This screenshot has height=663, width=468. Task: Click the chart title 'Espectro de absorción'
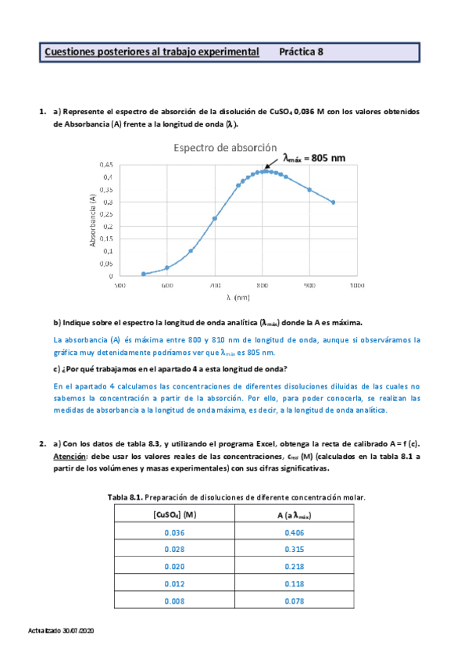[x=225, y=147]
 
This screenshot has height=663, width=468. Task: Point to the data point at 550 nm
[x=144, y=274]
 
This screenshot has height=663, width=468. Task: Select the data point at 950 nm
[x=334, y=202]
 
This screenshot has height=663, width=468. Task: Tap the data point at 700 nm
[x=215, y=218]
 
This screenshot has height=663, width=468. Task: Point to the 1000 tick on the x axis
[x=357, y=285]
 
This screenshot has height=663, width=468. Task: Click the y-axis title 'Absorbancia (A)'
[x=93, y=221]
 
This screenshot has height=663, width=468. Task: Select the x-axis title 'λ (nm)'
[x=238, y=297]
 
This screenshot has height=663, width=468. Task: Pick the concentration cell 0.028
[x=175, y=550]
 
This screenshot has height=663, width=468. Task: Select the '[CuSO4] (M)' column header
[x=175, y=514]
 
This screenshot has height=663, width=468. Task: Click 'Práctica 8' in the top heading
[x=302, y=52]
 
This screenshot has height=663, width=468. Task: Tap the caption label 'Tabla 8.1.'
[x=125, y=497]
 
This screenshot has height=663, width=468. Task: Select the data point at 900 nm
[x=309, y=190]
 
